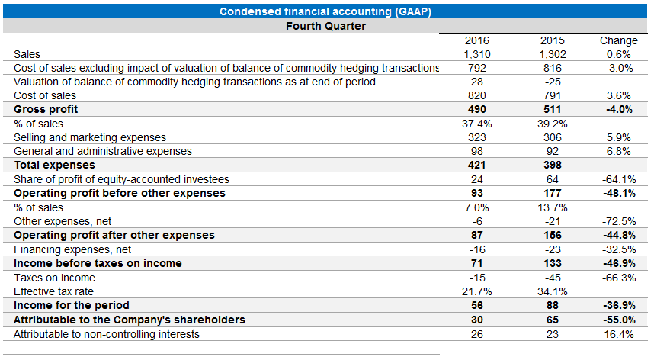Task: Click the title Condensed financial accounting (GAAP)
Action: coord(326,11)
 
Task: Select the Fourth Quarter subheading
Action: coord(325,26)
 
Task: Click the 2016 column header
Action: coord(477,40)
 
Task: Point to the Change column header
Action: coord(618,40)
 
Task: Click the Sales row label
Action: coord(27,54)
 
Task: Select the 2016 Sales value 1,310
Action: coord(477,54)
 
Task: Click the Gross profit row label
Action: coord(46,109)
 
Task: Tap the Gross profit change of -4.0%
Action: coord(618,109)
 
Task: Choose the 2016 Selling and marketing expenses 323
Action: coord(477,137)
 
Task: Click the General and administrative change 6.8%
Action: coord(618,151)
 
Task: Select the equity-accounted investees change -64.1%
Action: coord(618,179)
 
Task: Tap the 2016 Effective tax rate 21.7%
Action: coord(477,291)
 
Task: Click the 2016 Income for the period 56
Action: coord(477,305)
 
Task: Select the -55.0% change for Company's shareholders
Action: coord(618,320)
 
